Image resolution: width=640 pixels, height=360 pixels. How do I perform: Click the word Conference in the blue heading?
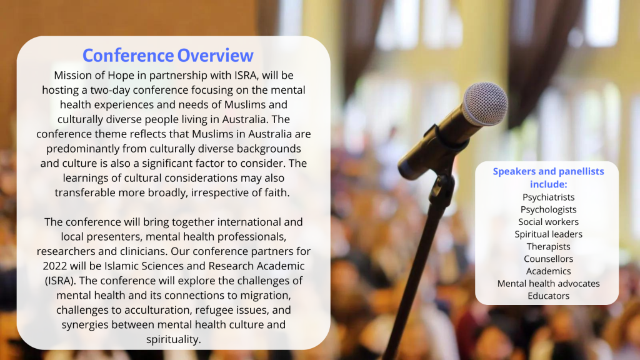[x=128, y=56]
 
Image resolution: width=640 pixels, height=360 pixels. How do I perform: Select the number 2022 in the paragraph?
[x=55, y=266]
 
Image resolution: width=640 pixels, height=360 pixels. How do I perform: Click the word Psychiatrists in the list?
[x=548, y=197]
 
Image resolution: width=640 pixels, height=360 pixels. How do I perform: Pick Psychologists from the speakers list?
[x=548, y=210]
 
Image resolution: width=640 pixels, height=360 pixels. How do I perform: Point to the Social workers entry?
[x=548, y=222]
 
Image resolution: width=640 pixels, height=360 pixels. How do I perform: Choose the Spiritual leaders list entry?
[x=548, y=234]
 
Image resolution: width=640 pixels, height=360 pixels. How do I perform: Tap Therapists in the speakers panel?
[x=548, y=246]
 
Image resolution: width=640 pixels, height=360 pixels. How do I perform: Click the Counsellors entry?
[x=548, y=259]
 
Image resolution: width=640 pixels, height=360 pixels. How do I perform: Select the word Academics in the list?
[x=548, y=271]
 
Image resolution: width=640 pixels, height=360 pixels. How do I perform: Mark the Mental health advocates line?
[x=548, y=283]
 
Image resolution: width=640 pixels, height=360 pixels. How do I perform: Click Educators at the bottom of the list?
[x=548, y=296]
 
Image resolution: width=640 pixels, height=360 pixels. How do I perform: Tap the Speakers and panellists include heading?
[x=548, y=177]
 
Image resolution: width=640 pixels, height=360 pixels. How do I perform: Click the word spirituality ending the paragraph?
[x=174, y=339]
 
